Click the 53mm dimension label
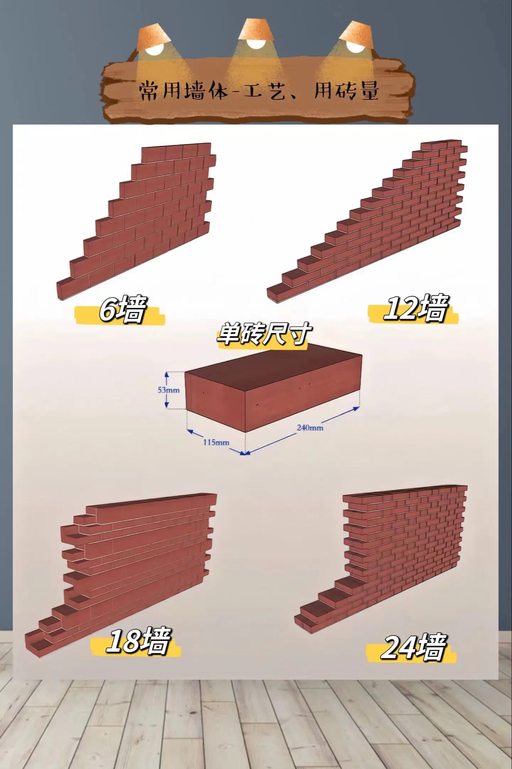pyautogui.click(x=169, y=390)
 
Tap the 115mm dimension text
pyautogui.click(x=216, y=443)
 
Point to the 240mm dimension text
pyautogui.click(x=310, y=427)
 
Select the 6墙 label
pyautogui.click(x=122, y=309)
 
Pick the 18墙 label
pyautogui.click(x=138, y=641)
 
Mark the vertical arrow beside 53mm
pyautogui.click(x=166, y=390)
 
